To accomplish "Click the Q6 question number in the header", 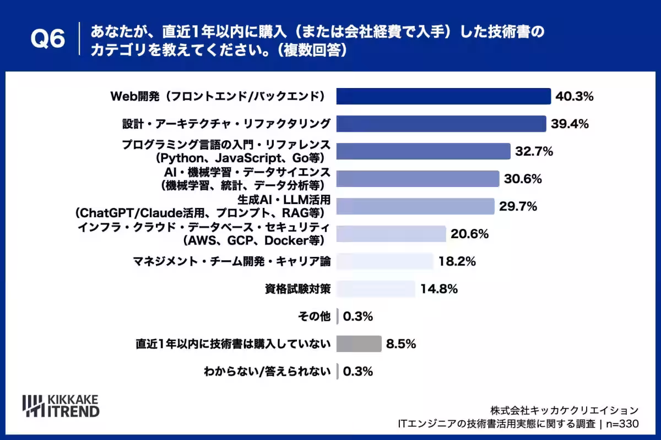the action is [48, 38].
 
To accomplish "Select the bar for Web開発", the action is [443, 96].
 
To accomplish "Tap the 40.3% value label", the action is [574, 96].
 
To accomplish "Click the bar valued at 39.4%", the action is [441, 124].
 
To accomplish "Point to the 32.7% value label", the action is [534, 151].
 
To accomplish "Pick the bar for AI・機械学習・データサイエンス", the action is [418, 179].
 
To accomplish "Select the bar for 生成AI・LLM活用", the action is [415, 206].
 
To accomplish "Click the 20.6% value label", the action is [469, 234].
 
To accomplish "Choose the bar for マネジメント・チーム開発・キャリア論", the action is [385, 261].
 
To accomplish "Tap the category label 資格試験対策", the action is [297, 289].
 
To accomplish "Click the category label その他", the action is [314, 316].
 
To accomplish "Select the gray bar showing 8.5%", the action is [359, 344].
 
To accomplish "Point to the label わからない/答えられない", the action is [267, 371].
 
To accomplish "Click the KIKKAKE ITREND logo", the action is [61, 406].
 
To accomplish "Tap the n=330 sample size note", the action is [622, 424].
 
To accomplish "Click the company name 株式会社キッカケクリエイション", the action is [565, 410].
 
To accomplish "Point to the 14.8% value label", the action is [439, 289].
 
